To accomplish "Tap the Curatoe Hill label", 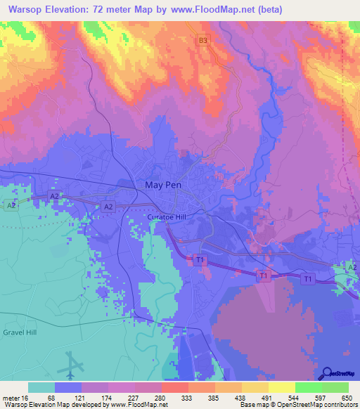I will (166, 218).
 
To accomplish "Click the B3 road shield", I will (203, 41).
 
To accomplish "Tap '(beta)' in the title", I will (268, 10).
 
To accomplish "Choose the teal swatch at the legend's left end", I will (41, 387).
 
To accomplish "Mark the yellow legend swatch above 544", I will (282, 387).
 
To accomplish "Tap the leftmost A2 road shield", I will (11, 205).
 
